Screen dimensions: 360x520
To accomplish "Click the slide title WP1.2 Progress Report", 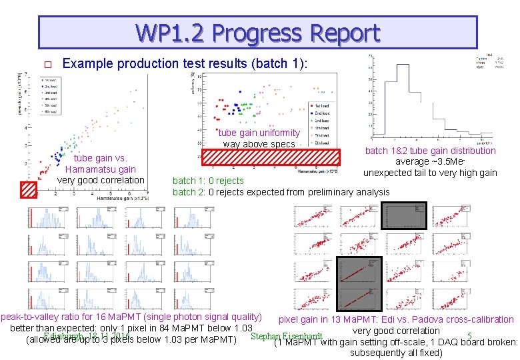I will coord(257,33).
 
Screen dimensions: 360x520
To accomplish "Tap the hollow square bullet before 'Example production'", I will coord(47,65).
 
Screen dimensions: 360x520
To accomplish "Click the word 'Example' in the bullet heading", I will coord(83,64).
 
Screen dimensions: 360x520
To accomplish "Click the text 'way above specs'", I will coord(259,144).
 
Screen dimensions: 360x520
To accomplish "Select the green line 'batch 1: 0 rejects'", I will coord(209,181).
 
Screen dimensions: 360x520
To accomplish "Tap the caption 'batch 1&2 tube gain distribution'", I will coord(430,151).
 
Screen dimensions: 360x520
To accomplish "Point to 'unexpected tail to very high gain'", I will coord(430,173).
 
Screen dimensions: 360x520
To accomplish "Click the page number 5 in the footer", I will coord(470,335).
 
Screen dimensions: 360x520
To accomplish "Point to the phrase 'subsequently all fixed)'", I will coord(396,353).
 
